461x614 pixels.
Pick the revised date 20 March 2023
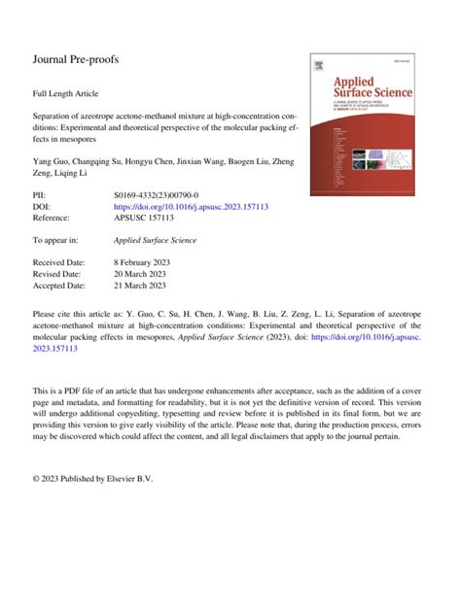144,274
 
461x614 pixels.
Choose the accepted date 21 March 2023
144,286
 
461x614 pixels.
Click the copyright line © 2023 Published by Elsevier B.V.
93,479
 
